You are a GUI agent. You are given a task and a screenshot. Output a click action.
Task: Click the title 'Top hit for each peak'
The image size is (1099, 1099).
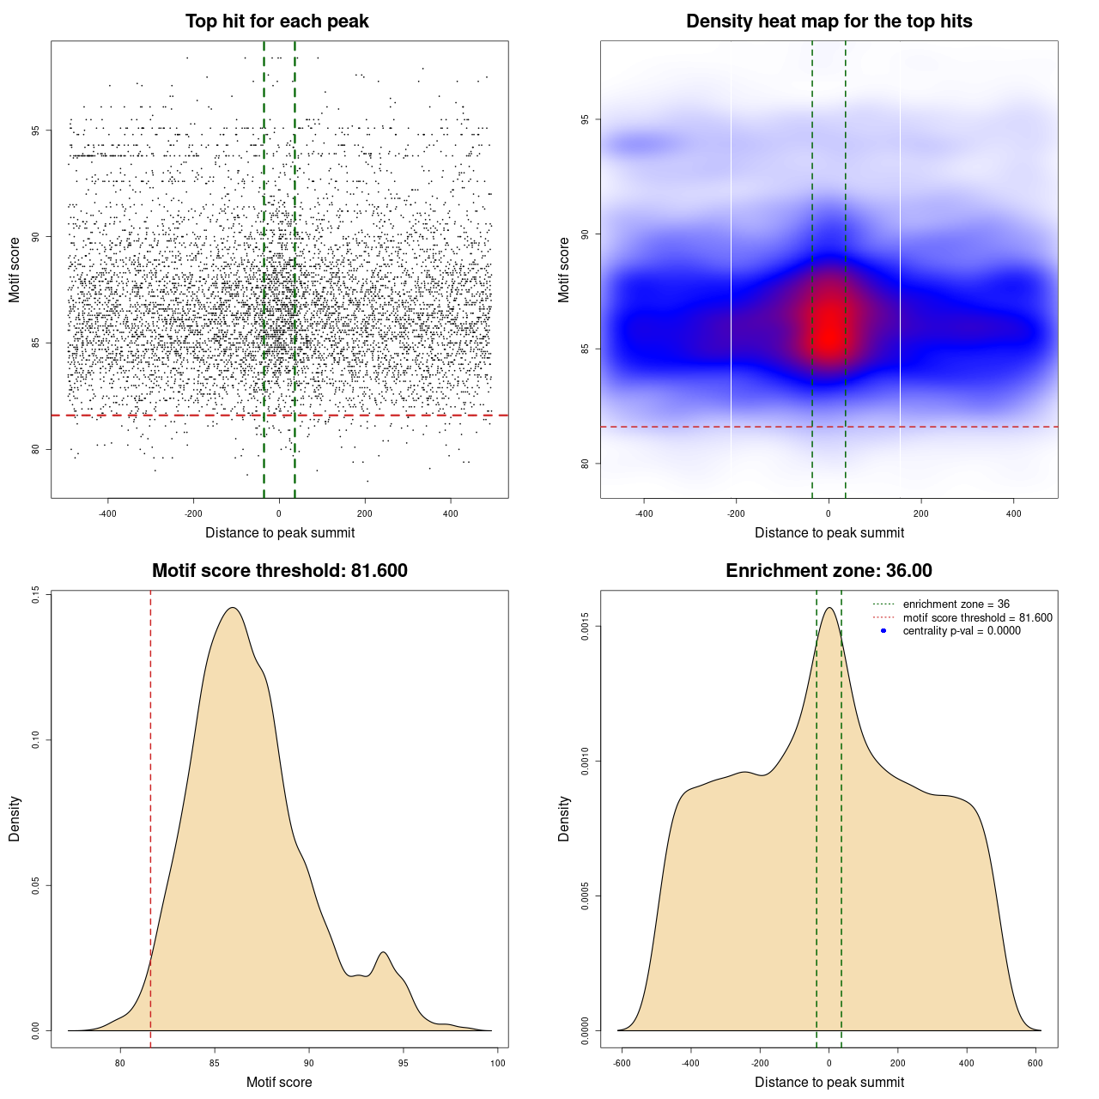276,21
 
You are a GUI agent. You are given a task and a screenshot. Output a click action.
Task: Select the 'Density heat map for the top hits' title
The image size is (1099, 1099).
829,21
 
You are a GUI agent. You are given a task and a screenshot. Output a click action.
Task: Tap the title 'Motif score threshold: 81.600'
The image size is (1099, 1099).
279,571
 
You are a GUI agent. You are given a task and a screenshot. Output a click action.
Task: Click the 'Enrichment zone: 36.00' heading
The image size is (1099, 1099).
829,571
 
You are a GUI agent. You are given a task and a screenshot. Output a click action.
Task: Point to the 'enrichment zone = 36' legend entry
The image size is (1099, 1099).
956,604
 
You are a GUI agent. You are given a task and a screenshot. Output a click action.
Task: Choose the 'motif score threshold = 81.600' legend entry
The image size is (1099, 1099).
977,617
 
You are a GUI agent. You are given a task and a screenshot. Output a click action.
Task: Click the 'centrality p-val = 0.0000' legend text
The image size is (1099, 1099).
962,630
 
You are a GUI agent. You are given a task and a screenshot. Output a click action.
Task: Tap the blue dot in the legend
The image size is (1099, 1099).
883,630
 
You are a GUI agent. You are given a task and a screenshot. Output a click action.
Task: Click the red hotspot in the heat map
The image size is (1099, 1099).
829,331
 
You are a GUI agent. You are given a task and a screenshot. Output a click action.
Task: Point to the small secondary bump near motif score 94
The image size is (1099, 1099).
383,952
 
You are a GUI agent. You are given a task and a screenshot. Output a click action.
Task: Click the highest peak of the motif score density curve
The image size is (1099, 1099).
232,608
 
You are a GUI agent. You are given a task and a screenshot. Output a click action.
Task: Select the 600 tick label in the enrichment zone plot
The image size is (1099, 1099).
1035,1063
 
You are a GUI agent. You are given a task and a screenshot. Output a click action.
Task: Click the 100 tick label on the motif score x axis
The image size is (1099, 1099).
498,1063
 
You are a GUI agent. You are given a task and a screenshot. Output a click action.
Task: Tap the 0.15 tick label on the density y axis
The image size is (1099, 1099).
35,594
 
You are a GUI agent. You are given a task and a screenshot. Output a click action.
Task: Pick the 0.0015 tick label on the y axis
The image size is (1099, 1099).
585,627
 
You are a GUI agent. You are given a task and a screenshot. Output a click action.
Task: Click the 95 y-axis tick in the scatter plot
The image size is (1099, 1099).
35,131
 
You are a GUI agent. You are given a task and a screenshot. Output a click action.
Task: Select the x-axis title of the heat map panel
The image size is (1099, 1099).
829,532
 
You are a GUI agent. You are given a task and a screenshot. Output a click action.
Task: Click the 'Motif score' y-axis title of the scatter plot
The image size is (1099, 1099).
15,270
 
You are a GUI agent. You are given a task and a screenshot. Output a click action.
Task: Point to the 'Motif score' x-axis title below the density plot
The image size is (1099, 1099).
279,1082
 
